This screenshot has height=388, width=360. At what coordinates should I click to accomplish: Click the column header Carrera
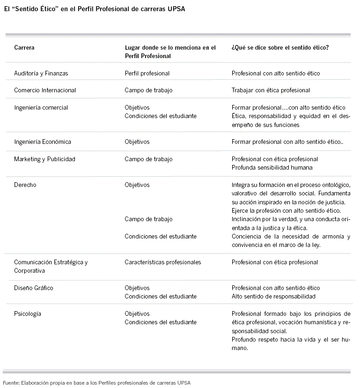(x=24, y=47)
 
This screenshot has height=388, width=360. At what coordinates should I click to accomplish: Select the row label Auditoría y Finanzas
(x=41, y=74)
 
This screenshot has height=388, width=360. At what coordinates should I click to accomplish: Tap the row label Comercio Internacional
(x=45, y=90)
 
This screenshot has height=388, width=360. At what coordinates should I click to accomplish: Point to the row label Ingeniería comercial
(x=41, y=107)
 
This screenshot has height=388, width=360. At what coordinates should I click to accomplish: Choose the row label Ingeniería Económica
(x=43, y=142)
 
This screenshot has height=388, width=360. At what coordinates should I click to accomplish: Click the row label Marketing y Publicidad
(x=44, y=159)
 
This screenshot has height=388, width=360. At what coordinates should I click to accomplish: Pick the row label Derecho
(x=25, y=185)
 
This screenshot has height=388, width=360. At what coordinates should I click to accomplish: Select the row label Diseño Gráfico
(x=34, y=288)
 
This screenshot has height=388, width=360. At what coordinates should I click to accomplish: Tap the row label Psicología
(x=28, y=313)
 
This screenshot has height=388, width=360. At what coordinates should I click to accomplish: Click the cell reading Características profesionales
(x=163, y=262)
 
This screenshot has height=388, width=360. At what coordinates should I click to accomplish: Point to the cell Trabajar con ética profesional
(x=271, y=90)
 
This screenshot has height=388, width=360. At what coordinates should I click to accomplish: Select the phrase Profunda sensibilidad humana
(x=272, y=167)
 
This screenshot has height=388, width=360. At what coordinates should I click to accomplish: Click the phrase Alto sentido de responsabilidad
(x=273, y=296)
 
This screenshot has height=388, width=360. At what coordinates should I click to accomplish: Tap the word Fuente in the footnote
(x=11, y=382)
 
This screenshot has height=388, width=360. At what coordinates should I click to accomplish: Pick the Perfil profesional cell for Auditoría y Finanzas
(x=147, y=74)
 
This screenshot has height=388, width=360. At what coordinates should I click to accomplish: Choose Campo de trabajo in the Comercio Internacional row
(x=148, y=90)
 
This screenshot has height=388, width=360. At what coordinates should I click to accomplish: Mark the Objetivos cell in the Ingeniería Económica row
(x=137, y=142)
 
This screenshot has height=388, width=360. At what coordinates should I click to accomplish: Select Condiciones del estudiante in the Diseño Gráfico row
(x=161, y=296)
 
